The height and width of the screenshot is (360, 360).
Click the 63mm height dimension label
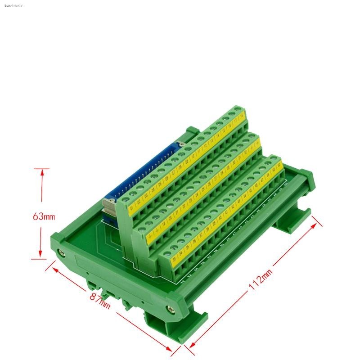pyautogui.click(x=44, y=216)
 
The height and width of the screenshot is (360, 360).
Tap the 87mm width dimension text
pyautogui.click(x=100, y=300)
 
